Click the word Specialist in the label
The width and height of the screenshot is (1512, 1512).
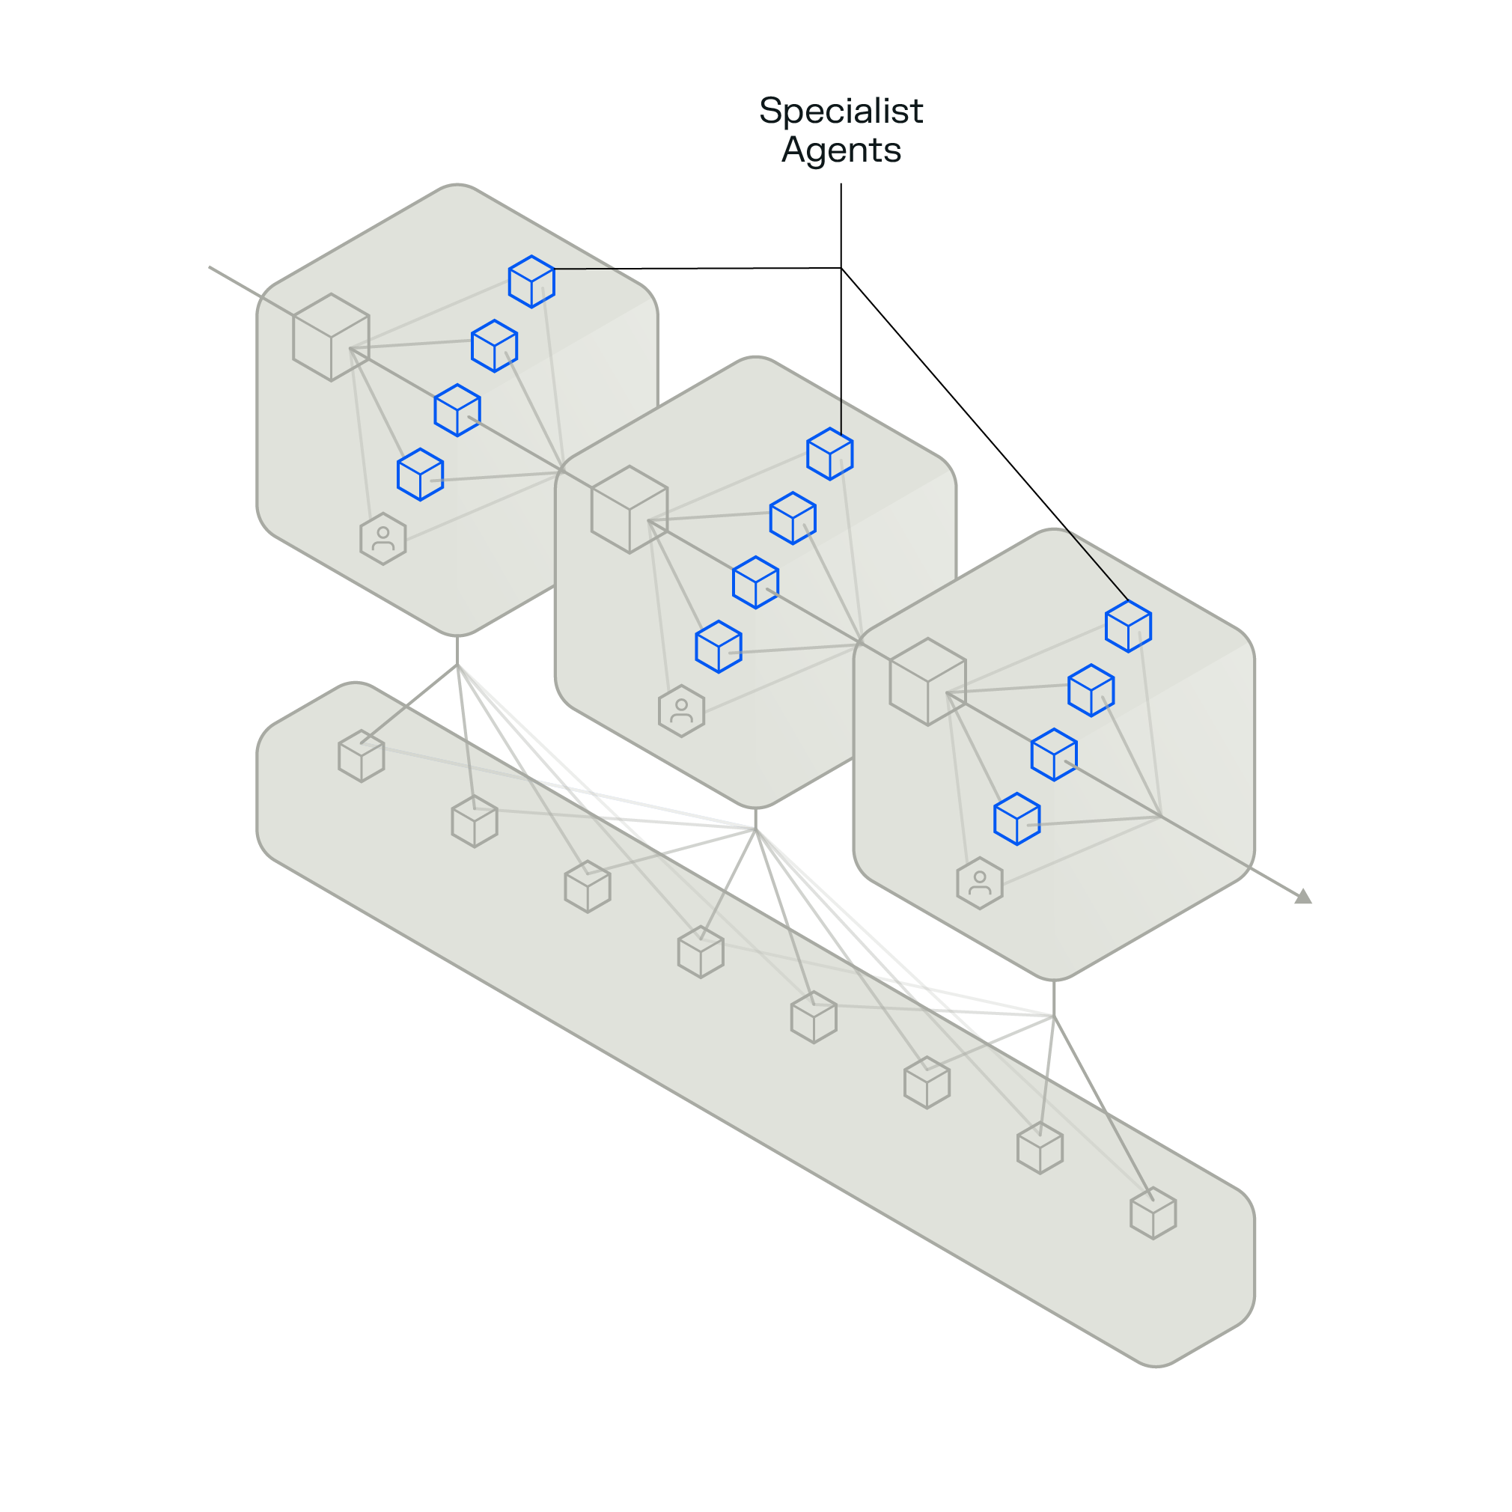[841, 110]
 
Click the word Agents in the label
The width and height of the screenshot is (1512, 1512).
[841, 150]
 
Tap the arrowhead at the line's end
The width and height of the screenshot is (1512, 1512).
[1303, 897]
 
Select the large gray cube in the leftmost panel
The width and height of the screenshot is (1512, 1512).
[331, 338]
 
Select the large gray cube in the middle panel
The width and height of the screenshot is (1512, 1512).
[630, 510]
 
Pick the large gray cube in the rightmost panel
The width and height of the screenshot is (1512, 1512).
[927, 682]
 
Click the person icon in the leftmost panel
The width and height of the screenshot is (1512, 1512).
[382, 538]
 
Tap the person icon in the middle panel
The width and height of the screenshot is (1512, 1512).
[681, 710]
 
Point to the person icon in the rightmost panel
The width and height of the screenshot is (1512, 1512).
[979, 882]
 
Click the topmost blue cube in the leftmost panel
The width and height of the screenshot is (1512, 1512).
[531, 281]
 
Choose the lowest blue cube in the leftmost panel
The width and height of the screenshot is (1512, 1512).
[420, 475]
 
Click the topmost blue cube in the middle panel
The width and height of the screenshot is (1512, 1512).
[829, 454]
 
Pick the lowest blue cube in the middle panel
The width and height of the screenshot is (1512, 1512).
[719, 647]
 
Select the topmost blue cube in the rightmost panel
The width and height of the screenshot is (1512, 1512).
[1128, 626]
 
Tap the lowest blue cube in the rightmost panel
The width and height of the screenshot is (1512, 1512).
[1016, 819]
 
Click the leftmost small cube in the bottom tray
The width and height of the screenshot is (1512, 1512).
[361, 756]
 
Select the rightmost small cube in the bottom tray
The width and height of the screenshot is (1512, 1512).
[1153, 1213]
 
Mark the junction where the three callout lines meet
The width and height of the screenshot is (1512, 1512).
[841, 269]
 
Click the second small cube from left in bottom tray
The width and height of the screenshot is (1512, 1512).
[475, 822]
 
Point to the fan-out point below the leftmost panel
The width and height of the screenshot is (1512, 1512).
[457, 665]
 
